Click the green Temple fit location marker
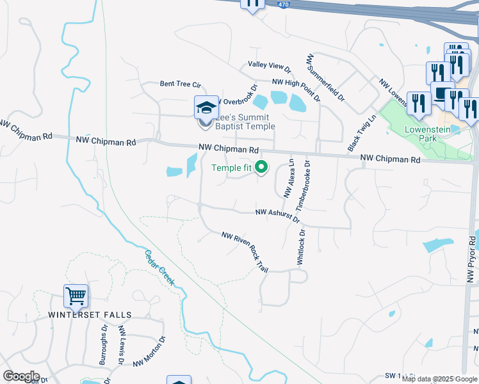click(261, 168)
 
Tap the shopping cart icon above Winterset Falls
click(76, 296)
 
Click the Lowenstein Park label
click(429, 133)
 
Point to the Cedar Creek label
click(159, 268)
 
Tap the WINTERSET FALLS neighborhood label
click(90, 315)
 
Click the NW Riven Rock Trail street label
click(245, 251)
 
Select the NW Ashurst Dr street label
click(277, 216)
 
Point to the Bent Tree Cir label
click(181, 84)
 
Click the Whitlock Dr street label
click(300, 247)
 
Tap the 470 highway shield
click(302, 4)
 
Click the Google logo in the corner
click(21, 376)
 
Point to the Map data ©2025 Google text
click(439, 379)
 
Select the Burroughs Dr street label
click(103, 346)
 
